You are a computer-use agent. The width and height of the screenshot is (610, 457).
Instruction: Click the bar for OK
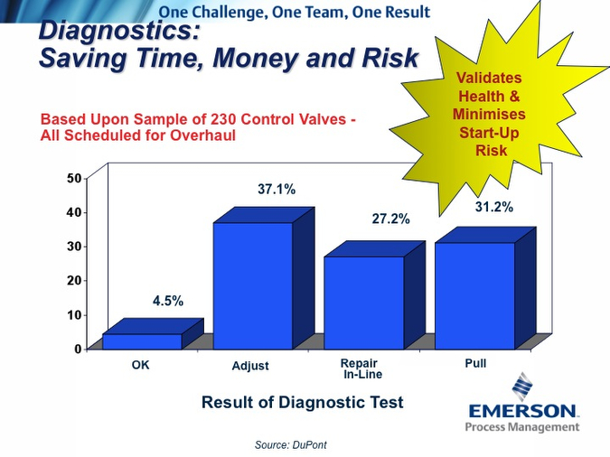tap(143, 341)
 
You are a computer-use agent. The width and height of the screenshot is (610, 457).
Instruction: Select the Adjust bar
tap(253, 286)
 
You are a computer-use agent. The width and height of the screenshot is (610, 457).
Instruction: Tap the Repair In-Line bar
tap(364, 303)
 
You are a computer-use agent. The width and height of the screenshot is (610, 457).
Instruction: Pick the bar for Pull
tap(475, 296)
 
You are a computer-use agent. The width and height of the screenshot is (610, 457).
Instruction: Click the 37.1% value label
tap(277, 190)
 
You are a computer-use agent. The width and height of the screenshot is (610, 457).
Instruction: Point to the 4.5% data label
tap(168, 301)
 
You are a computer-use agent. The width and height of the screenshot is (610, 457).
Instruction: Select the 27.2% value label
tap(390, 219)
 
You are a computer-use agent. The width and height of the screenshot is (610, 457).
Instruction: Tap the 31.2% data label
tap(494, 207)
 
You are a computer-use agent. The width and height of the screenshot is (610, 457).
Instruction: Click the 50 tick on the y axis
tap(74, 179)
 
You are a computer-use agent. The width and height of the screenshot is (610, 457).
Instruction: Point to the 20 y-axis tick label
tap(74, 280)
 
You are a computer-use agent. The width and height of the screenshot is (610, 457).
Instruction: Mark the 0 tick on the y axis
tap(78, 349)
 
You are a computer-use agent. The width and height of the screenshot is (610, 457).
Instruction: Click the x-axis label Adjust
tap(250, 366)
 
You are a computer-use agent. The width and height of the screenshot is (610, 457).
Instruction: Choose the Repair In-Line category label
tap(361, 368)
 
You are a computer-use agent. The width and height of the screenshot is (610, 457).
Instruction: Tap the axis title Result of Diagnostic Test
tap(302, 402)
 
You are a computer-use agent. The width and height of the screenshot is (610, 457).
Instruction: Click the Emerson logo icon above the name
tap(522, 387)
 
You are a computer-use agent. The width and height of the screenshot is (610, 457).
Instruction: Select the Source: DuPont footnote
tap(291, 445)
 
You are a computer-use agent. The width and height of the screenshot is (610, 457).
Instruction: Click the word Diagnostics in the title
tap(118, 31)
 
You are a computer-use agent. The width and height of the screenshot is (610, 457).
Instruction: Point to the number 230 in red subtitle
tap(223, 119)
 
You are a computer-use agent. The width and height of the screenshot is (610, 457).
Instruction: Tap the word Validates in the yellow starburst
tap(489, 78)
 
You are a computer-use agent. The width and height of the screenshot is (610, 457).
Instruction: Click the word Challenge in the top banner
tap(230, 13)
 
